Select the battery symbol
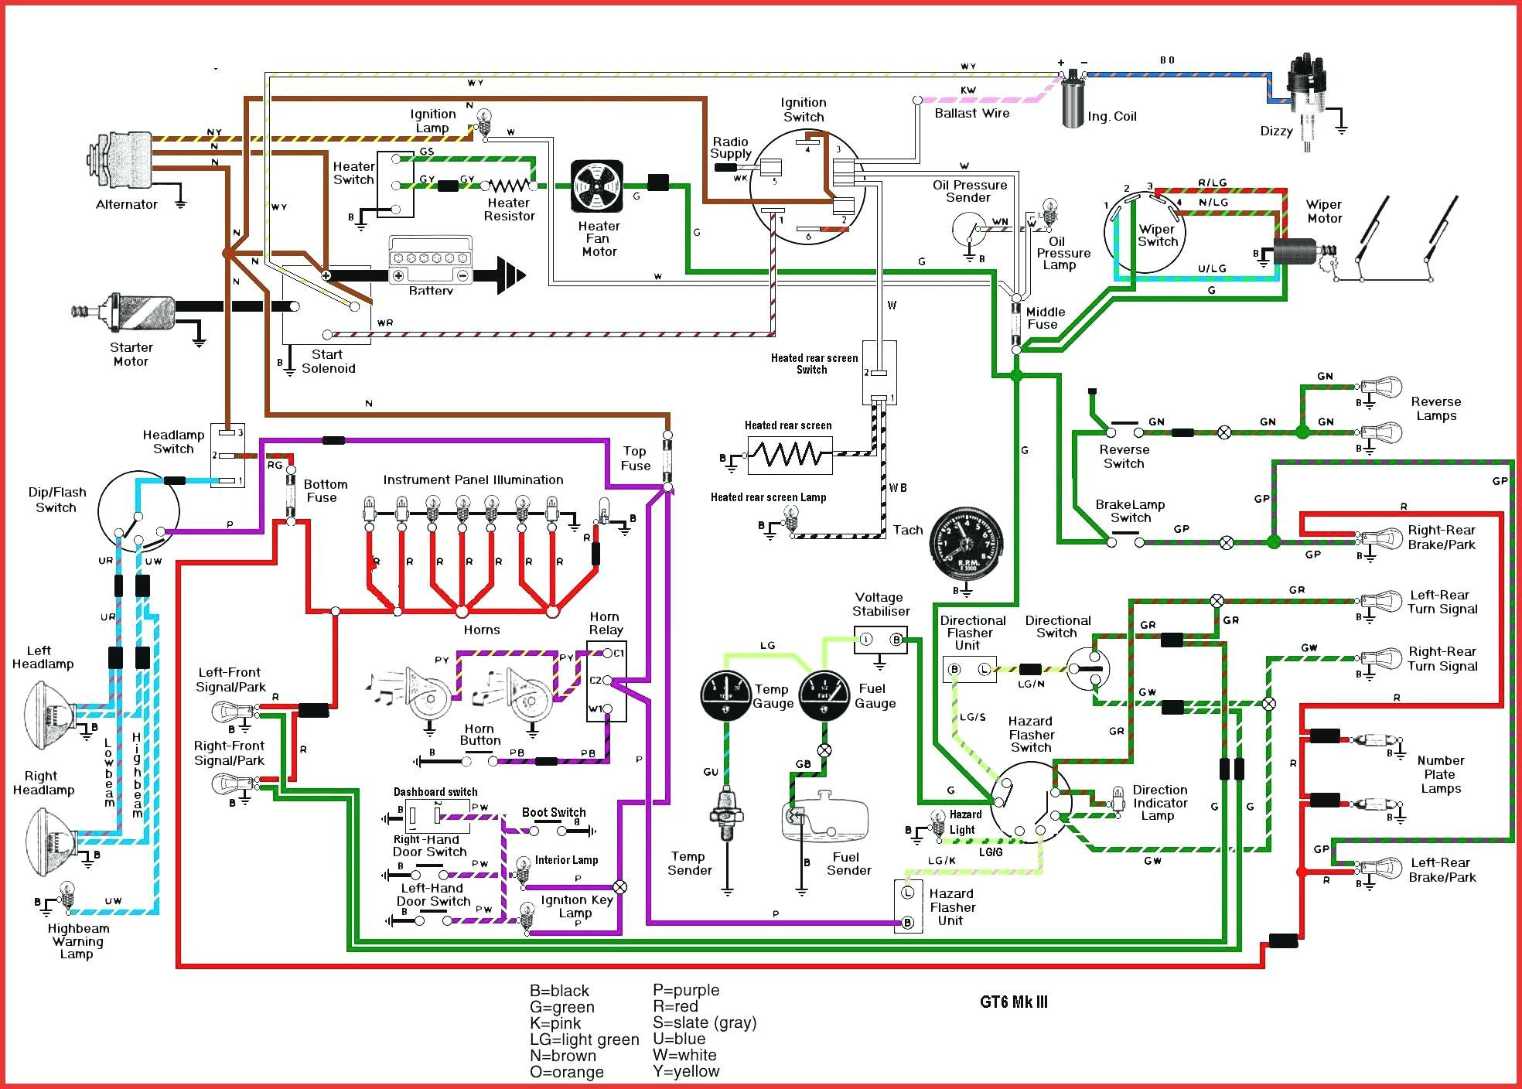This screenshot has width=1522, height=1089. coord(430,263)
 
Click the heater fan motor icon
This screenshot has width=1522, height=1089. coord(597,186)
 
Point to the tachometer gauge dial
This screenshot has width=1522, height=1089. coord(966,541)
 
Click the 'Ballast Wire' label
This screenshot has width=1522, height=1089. coord(972,114)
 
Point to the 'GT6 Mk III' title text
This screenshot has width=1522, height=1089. coord(1014,1002)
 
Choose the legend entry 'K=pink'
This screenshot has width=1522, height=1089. coord(555,1023)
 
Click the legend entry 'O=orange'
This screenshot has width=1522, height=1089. coord(567,1072)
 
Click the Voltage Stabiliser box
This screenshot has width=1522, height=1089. coord(881,640)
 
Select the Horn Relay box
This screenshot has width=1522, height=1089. coord(606,681)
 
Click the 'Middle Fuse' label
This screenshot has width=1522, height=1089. coord(1046,318)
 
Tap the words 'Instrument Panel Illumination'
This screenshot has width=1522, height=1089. coord(473,480)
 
